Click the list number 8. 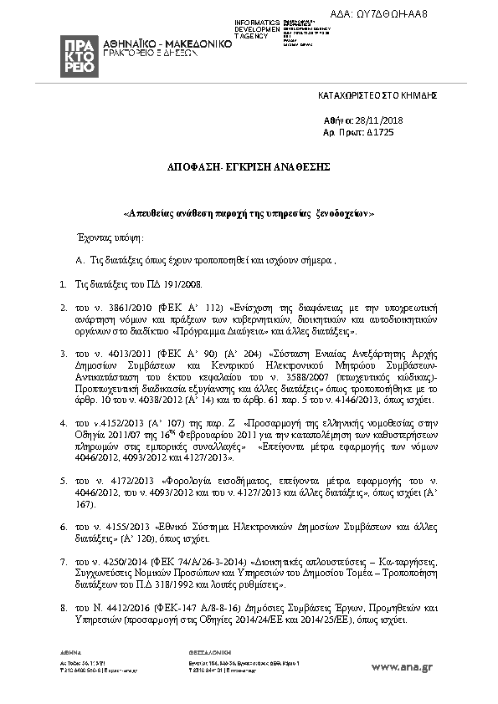tap(63, 610)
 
